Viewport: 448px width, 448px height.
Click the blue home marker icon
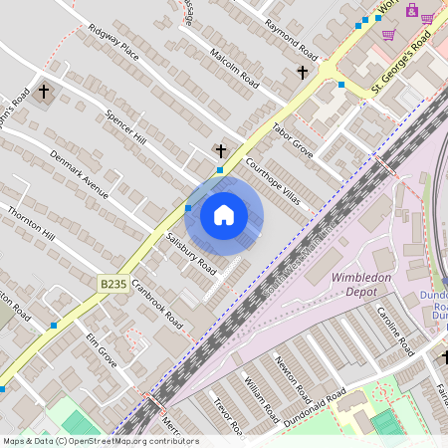pyautogui.click(x=224, y=215)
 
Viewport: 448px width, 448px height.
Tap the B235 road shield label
pyautogui.click(x=113, y=285)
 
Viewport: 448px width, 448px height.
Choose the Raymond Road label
pyautogui.click(x=290, y=38)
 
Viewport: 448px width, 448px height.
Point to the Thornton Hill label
pyautogui.click(x=31, y=228)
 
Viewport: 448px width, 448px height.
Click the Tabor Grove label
pyautogui.click(x=293, y=141)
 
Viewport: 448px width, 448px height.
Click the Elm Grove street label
pyautogui.click(x=101, y=349)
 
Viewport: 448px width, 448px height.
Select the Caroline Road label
pyautogui.click(x=394, y=333)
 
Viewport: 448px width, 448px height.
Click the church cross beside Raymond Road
pyautogui.click(x=303, y=73)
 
